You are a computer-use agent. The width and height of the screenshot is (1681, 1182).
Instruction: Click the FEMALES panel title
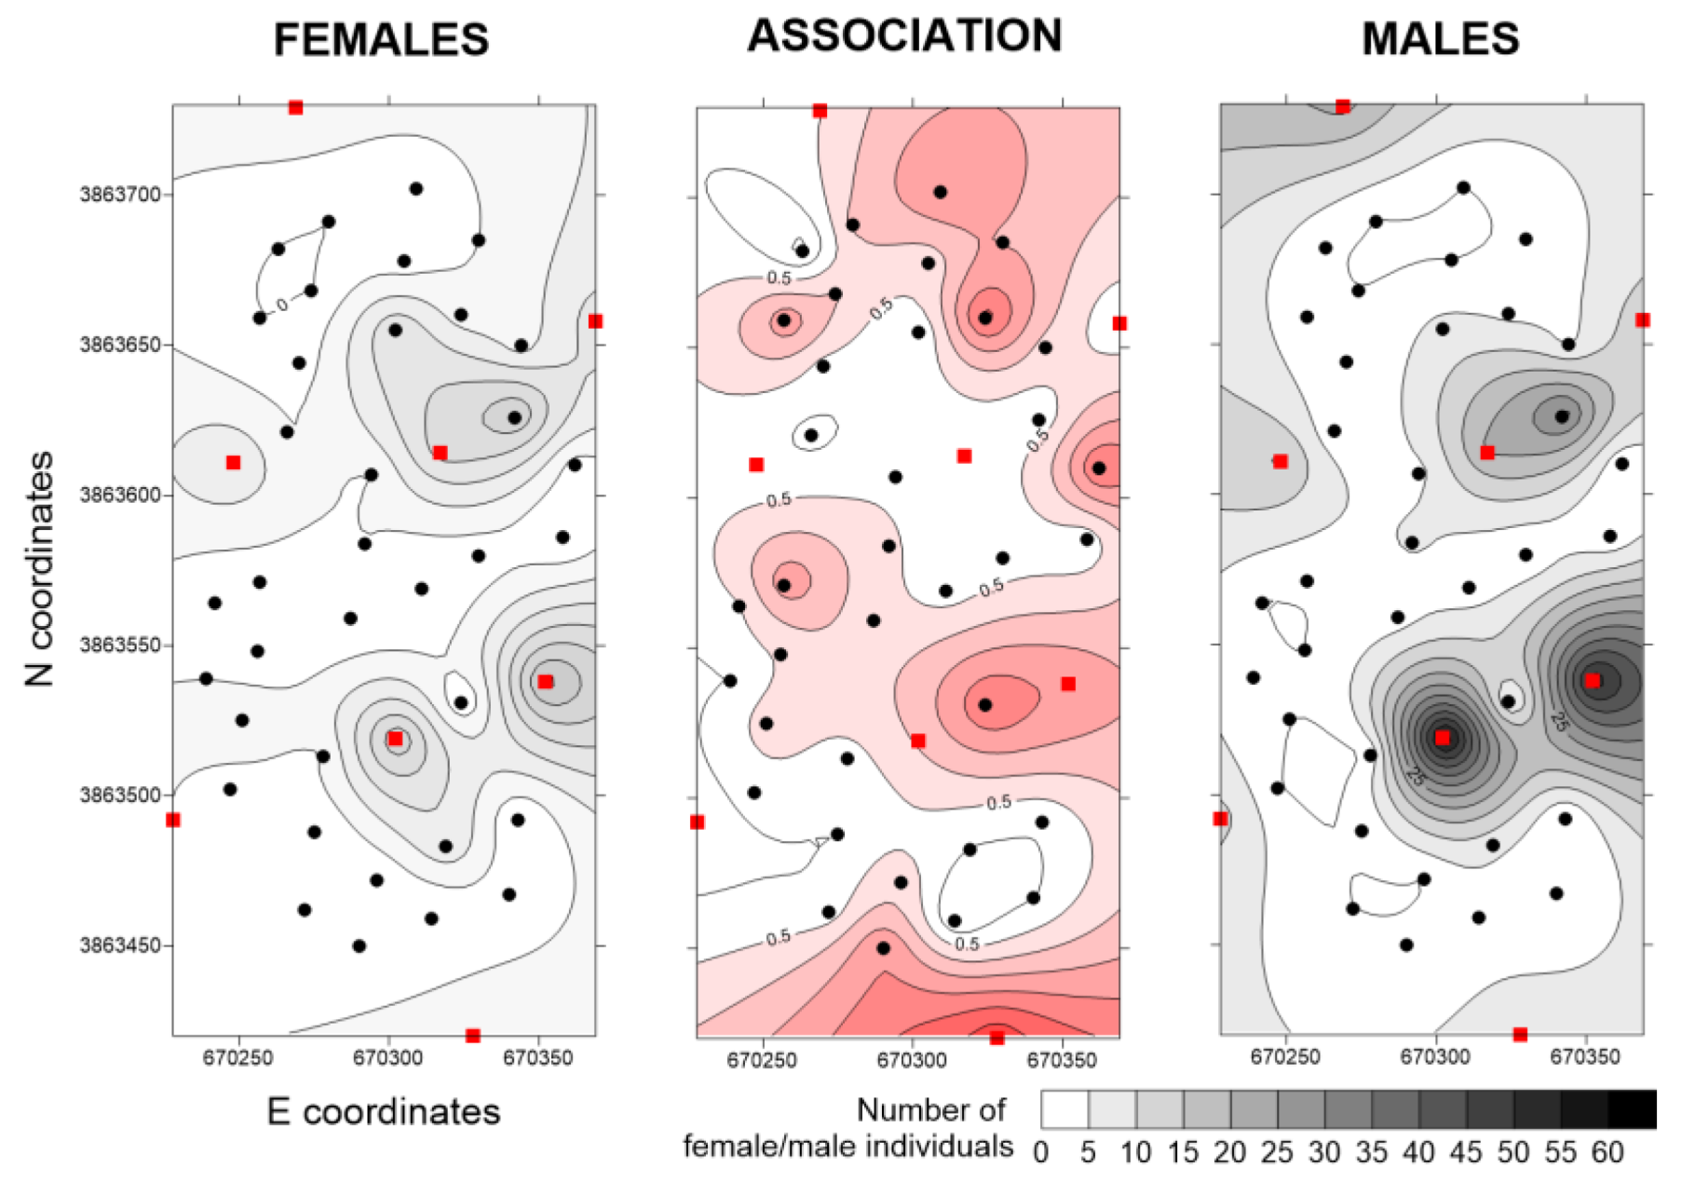381,40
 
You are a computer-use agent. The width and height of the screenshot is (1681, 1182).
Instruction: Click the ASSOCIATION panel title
904,36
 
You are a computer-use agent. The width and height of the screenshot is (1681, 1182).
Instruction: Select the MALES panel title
1440,39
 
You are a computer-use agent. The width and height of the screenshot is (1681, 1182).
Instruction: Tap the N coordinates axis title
40,569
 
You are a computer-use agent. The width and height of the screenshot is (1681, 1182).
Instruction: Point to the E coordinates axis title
384,1111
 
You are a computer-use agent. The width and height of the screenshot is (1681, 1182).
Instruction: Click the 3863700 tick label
121,195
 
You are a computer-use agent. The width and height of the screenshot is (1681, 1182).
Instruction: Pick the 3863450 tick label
121,945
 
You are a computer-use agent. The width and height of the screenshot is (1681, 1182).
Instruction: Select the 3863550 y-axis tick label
121,645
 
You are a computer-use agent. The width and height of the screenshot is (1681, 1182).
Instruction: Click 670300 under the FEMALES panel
389,1058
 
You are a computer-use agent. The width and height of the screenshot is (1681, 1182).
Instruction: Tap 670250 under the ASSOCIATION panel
762,1061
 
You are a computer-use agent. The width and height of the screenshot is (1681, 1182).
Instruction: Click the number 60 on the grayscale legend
1606,1153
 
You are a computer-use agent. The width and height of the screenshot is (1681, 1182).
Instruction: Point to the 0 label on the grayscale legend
1041,1153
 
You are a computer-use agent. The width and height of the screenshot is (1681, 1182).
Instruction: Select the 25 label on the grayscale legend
1277,1153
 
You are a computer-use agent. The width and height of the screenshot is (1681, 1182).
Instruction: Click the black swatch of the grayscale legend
1632,1109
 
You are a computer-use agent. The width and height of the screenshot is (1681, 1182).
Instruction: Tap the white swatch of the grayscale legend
1064,1109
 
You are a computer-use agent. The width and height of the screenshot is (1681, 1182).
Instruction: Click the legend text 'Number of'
930,1109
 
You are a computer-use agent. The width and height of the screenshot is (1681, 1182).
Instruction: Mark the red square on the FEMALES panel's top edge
295,108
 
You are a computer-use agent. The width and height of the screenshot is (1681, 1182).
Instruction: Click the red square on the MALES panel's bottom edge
1520,1035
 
